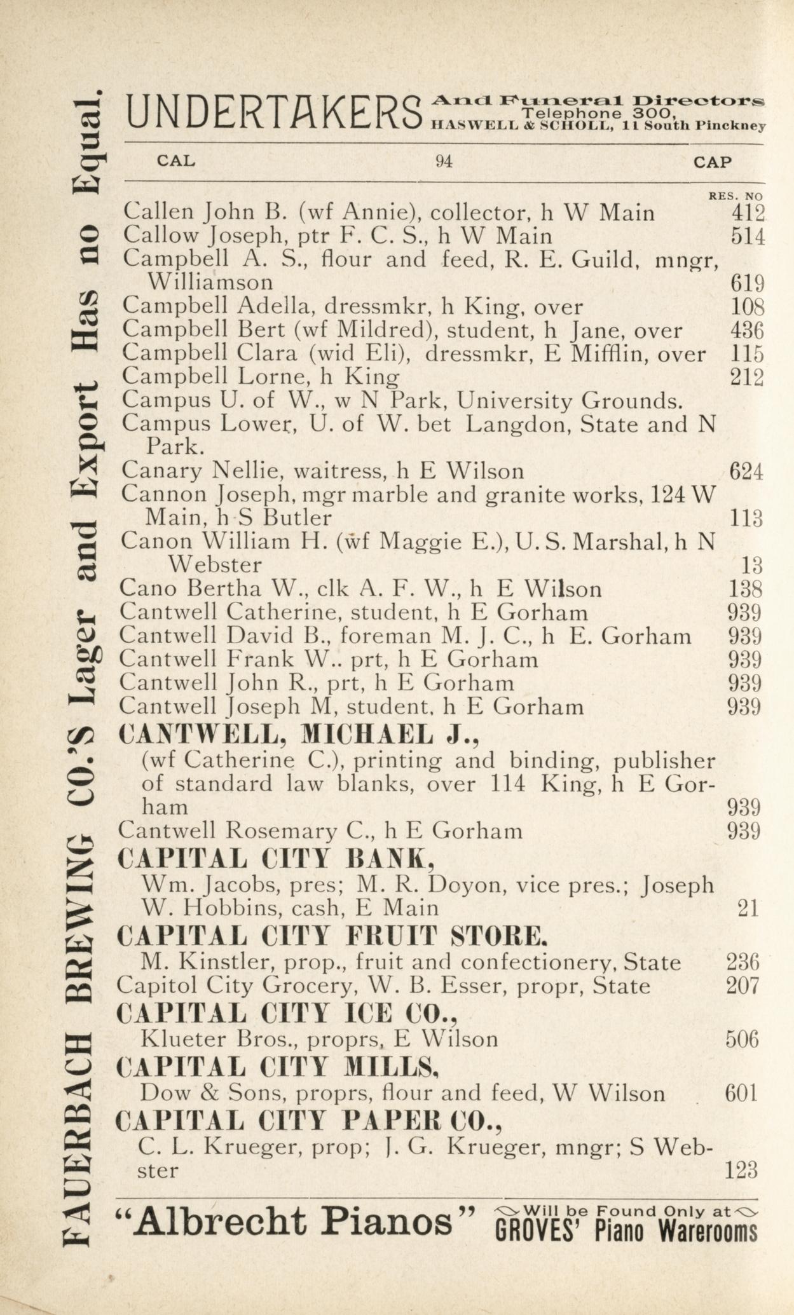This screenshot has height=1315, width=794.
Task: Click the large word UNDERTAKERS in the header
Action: (x=273, y=112)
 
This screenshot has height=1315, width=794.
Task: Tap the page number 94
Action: (x=444, y=161)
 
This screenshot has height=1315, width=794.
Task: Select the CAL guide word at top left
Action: (x=176, y=161)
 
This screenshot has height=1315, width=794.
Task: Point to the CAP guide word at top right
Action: (x=713, y=162)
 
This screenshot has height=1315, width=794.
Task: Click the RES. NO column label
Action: (x=736, y=196)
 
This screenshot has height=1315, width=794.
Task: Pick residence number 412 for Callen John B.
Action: (x=748, y=213)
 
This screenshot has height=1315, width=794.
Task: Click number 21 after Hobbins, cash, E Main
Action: (x=748, y=909)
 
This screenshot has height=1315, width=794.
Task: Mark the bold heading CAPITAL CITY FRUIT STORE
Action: (x=332, y=936)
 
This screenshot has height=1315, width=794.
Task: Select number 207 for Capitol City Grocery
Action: (x=743, y=986)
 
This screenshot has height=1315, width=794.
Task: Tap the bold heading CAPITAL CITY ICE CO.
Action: (x=287, y=1012)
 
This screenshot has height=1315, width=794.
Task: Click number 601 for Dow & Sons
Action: (x=742, y=1093)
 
